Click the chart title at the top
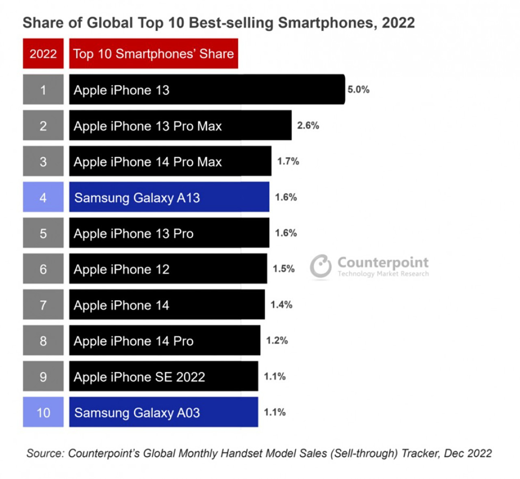(x=219, y=23)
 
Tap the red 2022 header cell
(x=43, y=54)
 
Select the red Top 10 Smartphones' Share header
(x=154, y=54)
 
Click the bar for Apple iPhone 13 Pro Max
(x=180, y=126)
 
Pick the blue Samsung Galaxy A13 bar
(x=169, y=197)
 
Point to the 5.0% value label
(x=358, y=89)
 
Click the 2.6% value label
(x=308, y=126)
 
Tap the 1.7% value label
(x=288, y=161)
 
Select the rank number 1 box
(x=43, y=89)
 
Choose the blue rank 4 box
(x=43, y=197)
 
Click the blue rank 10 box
(x=43, y=412)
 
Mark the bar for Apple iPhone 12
(x=168, y=269)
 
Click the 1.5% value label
(x=284, y=269)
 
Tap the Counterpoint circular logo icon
(x=321, y=266)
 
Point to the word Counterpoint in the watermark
(x=383, y=262)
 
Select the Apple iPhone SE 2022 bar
(x=163, y=376)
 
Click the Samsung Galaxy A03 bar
(x=163, y=412)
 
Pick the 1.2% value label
(x=277, y=340)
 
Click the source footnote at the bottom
(x=259, y=453)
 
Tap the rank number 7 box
(x=43, y=304)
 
